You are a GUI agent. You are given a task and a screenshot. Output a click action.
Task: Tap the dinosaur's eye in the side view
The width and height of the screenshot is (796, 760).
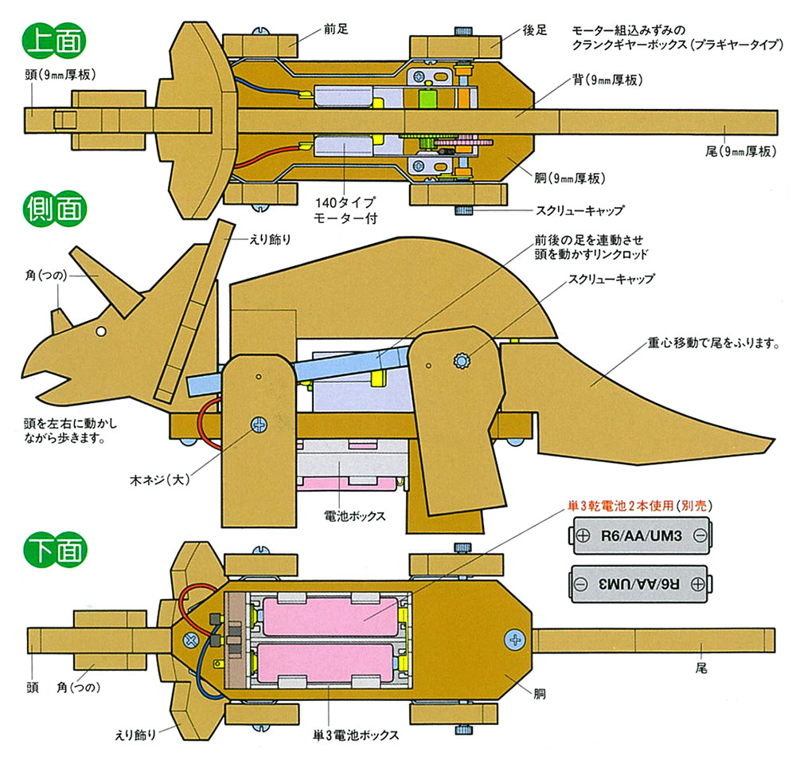[x=102, y=330]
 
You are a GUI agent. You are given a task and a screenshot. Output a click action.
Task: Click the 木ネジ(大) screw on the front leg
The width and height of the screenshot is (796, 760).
[x=258, y=425]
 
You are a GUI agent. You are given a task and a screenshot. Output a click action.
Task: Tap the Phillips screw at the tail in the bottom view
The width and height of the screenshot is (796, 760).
[x=516, y=638]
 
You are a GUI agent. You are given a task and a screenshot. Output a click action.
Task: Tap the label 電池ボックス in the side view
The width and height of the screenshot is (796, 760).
[x=355, y=515]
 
